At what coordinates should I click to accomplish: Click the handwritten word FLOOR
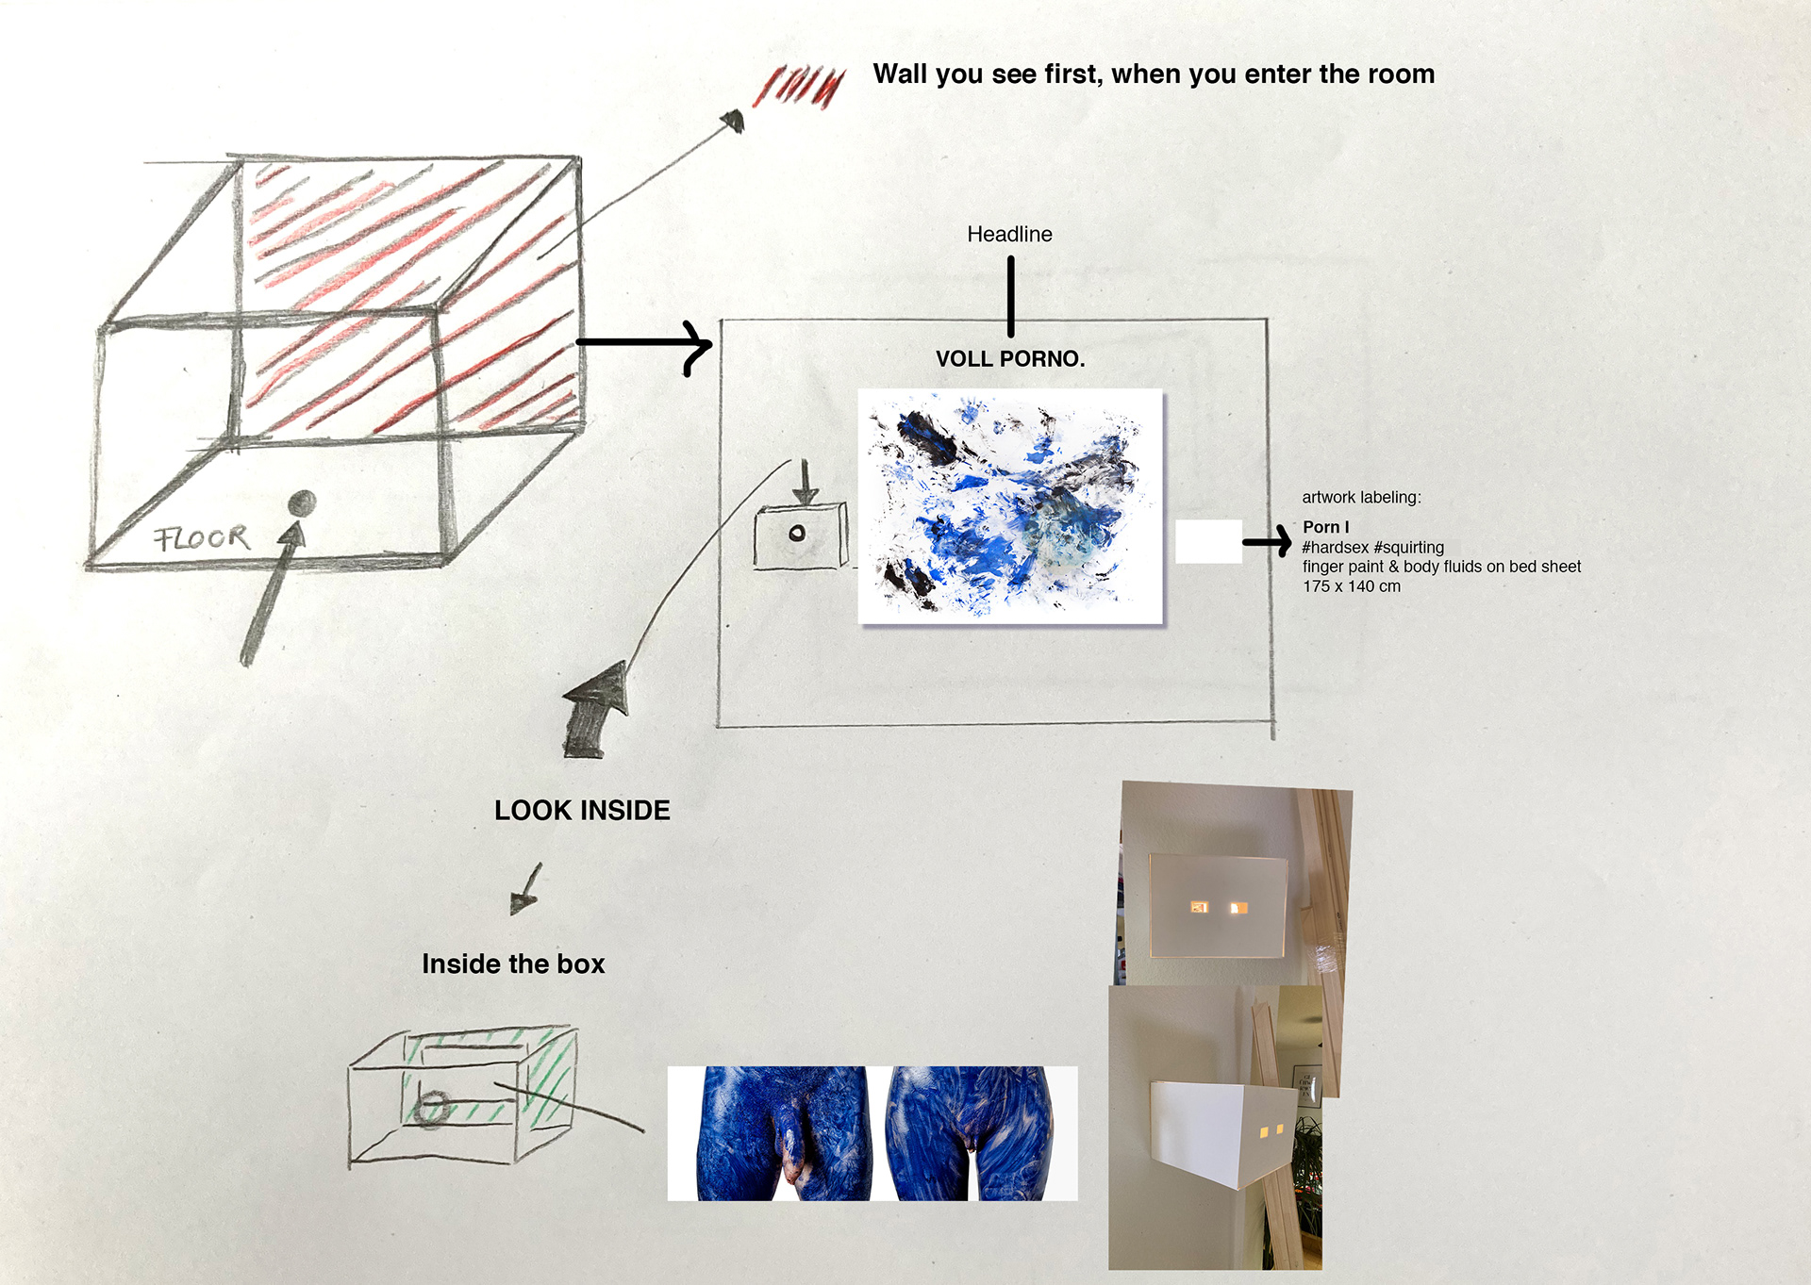(202, 538)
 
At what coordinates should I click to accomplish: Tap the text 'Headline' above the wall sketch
(1009, 235)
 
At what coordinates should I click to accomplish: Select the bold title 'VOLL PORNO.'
(1010, 359)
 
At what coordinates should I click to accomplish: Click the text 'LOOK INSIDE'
(582, 811)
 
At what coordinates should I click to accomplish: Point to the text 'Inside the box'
(513, 964)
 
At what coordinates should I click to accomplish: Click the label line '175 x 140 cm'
(1351, 586)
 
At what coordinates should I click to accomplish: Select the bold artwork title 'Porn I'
(1325, 527)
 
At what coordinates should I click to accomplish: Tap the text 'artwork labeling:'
(1361, 498)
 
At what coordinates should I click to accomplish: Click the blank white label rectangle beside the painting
(1207, 542)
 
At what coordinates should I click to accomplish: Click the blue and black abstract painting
(1010, 506)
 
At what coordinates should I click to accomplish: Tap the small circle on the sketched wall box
(797, 534)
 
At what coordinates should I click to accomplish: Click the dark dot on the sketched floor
(302, 503)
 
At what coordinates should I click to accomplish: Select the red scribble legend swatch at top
(799, 87)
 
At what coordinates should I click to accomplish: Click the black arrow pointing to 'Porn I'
(1267, 542)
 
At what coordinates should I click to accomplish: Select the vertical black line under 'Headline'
(1010, 296)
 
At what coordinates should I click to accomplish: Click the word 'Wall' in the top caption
(900, 74)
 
